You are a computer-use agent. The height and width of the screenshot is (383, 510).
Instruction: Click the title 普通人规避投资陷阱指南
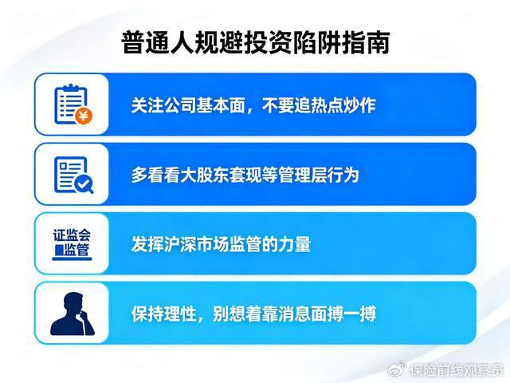tap(255, 42)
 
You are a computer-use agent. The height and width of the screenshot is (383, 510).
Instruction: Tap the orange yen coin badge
tap(84, 116)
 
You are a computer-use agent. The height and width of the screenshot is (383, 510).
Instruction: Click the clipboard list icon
tap(73, 105)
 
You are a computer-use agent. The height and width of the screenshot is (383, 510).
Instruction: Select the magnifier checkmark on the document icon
tap(84, 184)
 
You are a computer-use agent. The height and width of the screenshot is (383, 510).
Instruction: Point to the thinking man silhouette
tap(73, 314)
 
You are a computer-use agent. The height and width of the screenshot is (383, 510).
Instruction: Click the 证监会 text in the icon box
tap(72, 235)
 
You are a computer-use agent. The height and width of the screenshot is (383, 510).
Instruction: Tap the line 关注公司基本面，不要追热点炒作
tap(253, 105)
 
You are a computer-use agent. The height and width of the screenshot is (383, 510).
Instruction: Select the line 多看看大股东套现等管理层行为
tap(245, 175)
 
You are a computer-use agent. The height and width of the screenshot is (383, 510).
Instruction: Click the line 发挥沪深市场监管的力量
tap(221, 244)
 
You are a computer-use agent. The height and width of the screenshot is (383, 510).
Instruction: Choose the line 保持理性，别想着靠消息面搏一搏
tap(253, 314)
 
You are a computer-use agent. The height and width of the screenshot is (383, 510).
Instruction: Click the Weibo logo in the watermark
tap(397, 369)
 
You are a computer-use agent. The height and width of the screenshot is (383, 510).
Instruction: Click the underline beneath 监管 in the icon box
tap(72, 259)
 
